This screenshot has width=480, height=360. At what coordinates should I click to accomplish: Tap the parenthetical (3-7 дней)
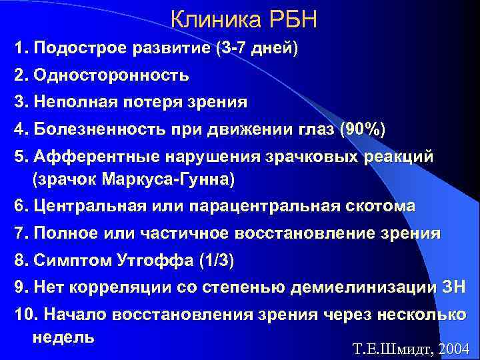click(255, 49)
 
